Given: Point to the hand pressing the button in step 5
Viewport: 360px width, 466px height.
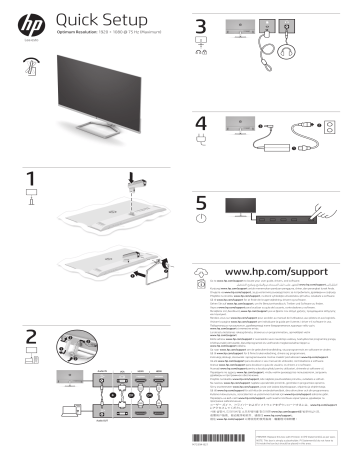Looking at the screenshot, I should (x=329, y=213).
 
